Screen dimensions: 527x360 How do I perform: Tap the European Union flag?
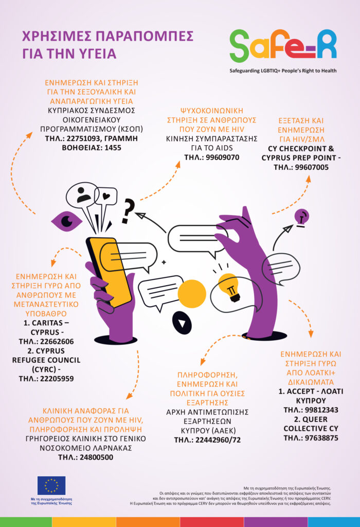point(51,485)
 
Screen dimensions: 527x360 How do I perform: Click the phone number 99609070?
point(219,157)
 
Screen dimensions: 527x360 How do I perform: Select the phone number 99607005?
point(308,167)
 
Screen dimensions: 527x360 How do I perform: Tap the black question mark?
point(128,212)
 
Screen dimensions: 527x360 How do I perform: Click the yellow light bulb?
point(228,285)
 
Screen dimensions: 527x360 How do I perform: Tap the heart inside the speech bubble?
point(106,196)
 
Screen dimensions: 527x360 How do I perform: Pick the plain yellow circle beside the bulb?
point(192,293)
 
